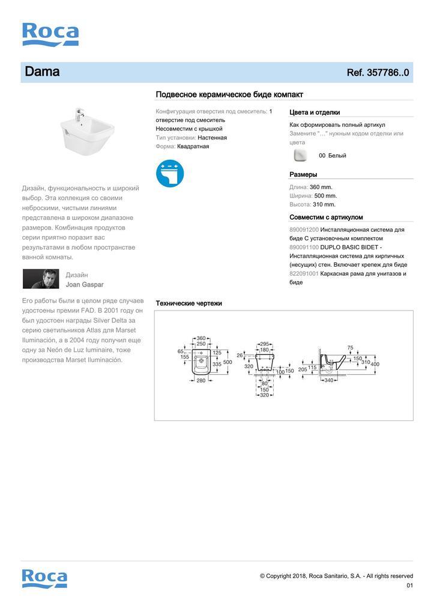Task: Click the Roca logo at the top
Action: point(50,34)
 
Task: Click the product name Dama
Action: point(42,72)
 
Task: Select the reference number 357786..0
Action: point(378,73)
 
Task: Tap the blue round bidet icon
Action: point(170,172)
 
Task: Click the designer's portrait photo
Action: point(41,279)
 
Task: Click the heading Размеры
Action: point(303,175)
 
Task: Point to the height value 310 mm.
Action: point(324,204)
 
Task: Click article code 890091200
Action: point(304,230)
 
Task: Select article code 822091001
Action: point(304,273)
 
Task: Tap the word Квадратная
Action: point(194,147)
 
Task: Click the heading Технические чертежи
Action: point(188,303)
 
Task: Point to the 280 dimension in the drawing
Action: point(201,380)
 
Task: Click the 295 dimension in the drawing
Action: point(264,344)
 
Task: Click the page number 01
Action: point(409,586)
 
